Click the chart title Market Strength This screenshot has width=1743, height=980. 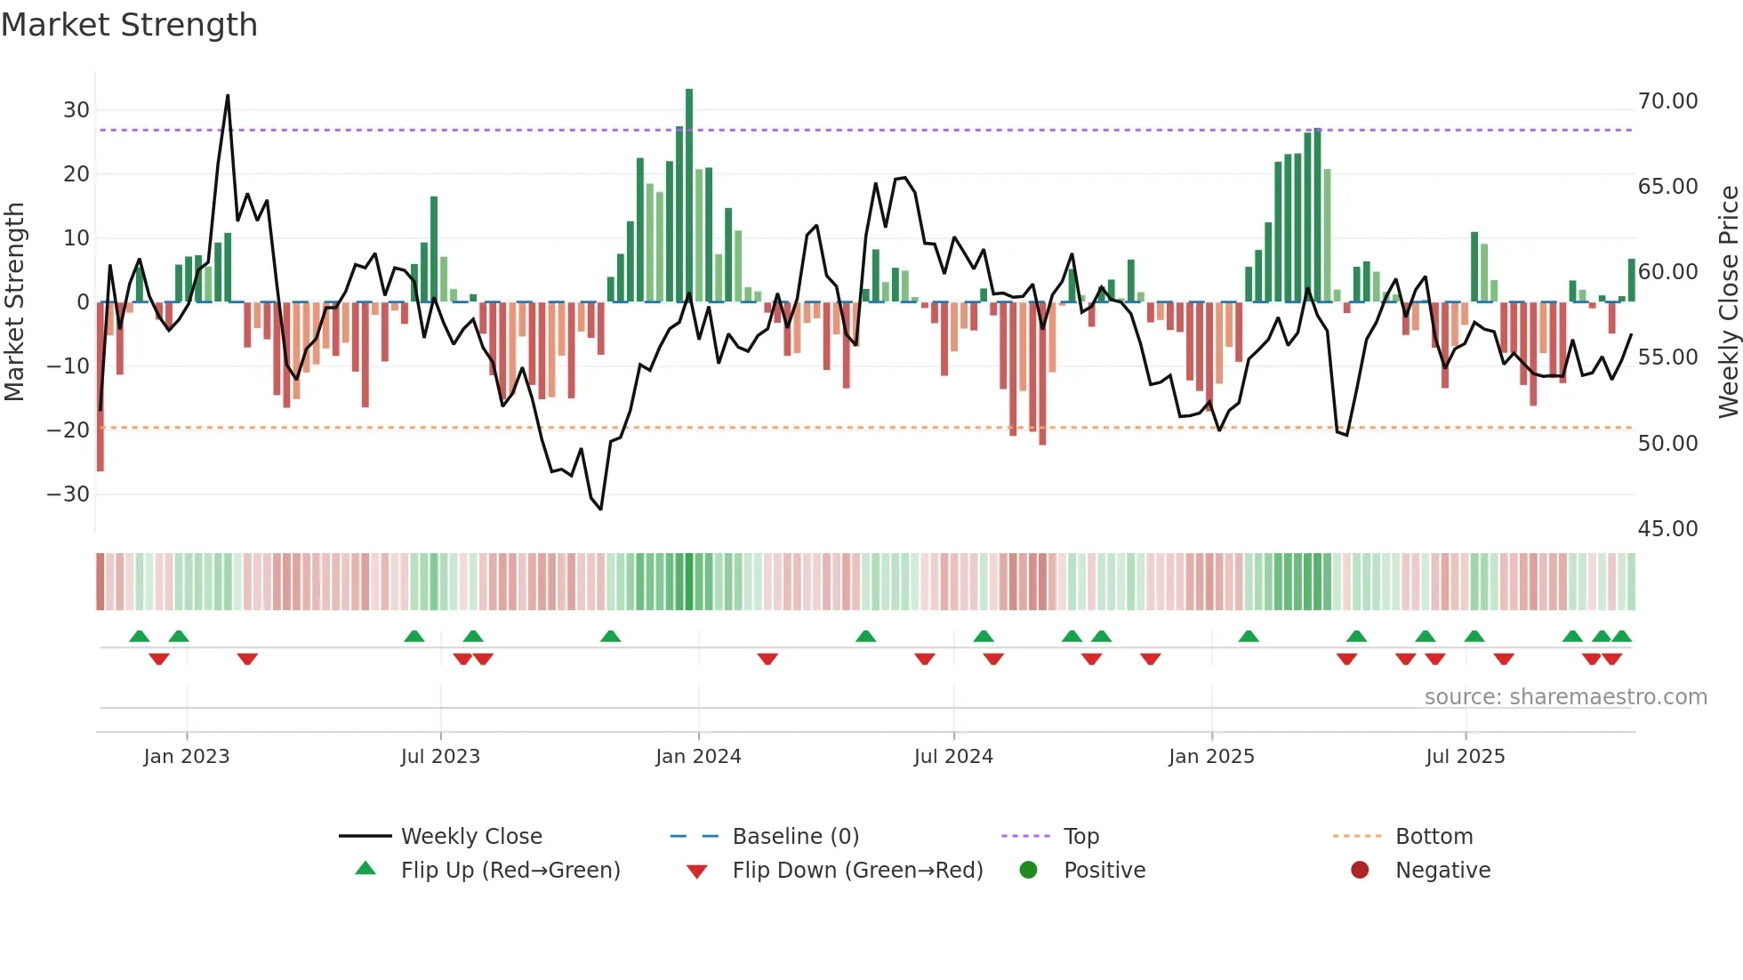129,25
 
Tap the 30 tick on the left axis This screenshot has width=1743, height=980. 76,110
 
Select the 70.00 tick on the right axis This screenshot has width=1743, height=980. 1667,101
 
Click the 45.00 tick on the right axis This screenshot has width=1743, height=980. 1667,529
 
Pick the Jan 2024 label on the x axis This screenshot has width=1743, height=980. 698,757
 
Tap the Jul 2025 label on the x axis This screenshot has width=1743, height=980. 1465,757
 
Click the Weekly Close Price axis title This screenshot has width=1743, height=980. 1728,302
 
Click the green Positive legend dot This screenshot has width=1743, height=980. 1029,871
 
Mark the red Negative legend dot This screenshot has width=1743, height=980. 1360,871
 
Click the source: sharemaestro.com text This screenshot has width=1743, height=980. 1565,697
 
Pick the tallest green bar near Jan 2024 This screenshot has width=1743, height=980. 689,196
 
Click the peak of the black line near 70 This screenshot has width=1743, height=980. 228,96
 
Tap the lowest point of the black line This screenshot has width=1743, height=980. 601,509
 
